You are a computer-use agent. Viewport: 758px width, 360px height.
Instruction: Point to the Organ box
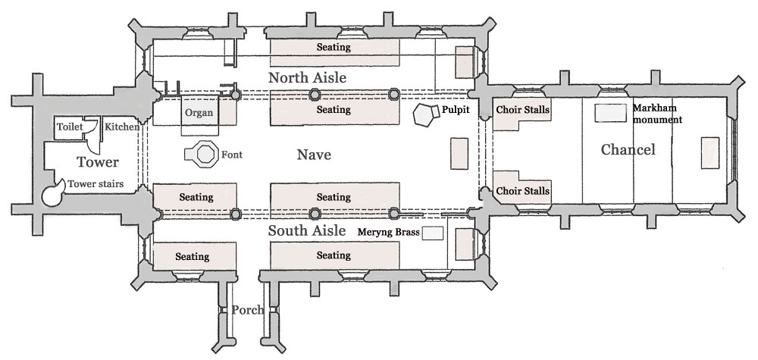pyautogui.click(x=199, y=114)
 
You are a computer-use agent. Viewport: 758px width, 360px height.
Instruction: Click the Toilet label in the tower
pyautogui.click(x=70, y=127)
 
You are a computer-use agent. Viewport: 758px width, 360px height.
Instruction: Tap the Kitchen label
pyautogui.click(x=121, y=127)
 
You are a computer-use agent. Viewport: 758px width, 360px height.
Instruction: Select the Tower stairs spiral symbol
pyautogui.click(x=55, y=193)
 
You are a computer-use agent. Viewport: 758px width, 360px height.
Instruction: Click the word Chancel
pyautogui.click(x=628, y=150)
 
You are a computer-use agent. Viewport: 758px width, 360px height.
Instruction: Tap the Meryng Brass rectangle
pyautogui.click(x=433, y=233)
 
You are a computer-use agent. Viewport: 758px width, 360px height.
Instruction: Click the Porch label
pyautogui.click(x=248, y=310)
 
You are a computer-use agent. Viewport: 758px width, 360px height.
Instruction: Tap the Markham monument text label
pyautogui.click(x=657, y=114)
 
